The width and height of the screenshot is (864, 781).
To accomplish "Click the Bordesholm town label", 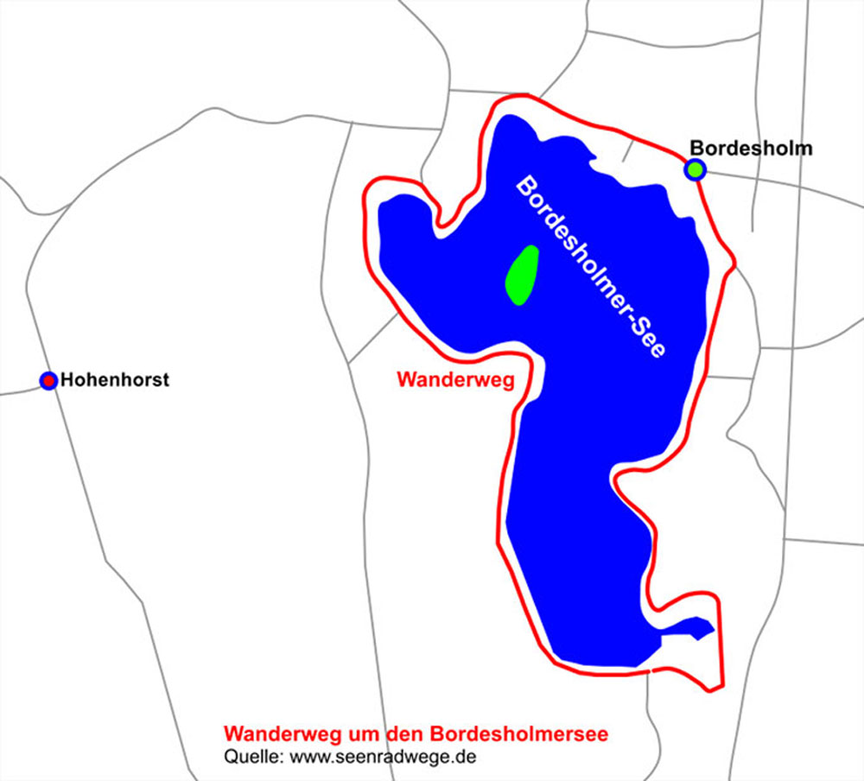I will (x=751, y=149).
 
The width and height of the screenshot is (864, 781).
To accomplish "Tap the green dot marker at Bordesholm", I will (x=696, y=169).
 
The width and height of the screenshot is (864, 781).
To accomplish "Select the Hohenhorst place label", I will (x=115, y=380).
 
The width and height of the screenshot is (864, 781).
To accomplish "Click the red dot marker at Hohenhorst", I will (x=49, y=380).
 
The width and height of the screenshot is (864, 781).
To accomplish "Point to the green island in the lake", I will (x=522, y=275).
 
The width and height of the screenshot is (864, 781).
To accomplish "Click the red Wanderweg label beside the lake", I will (x=455, y=379).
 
